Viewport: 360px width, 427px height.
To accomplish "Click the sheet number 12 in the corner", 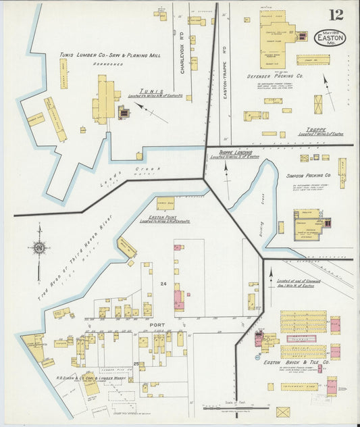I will coord(335,15).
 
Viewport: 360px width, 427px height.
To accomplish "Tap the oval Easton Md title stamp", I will coord(330,37).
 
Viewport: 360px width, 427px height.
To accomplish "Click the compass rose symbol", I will coord(40,248).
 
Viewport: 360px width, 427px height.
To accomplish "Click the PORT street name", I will coord(157,325).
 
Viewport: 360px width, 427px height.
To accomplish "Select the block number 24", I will coord(162,284).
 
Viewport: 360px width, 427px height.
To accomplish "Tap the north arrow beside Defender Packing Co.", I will coord(327,88).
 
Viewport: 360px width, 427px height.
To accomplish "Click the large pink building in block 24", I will coord(179,299).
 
